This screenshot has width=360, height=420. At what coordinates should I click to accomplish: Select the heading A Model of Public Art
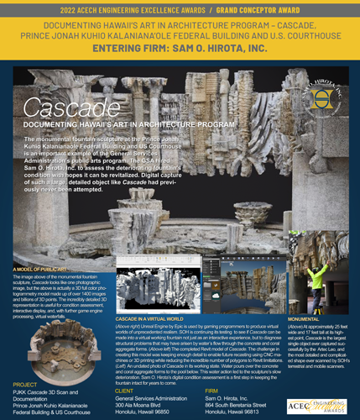click(38, 269)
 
